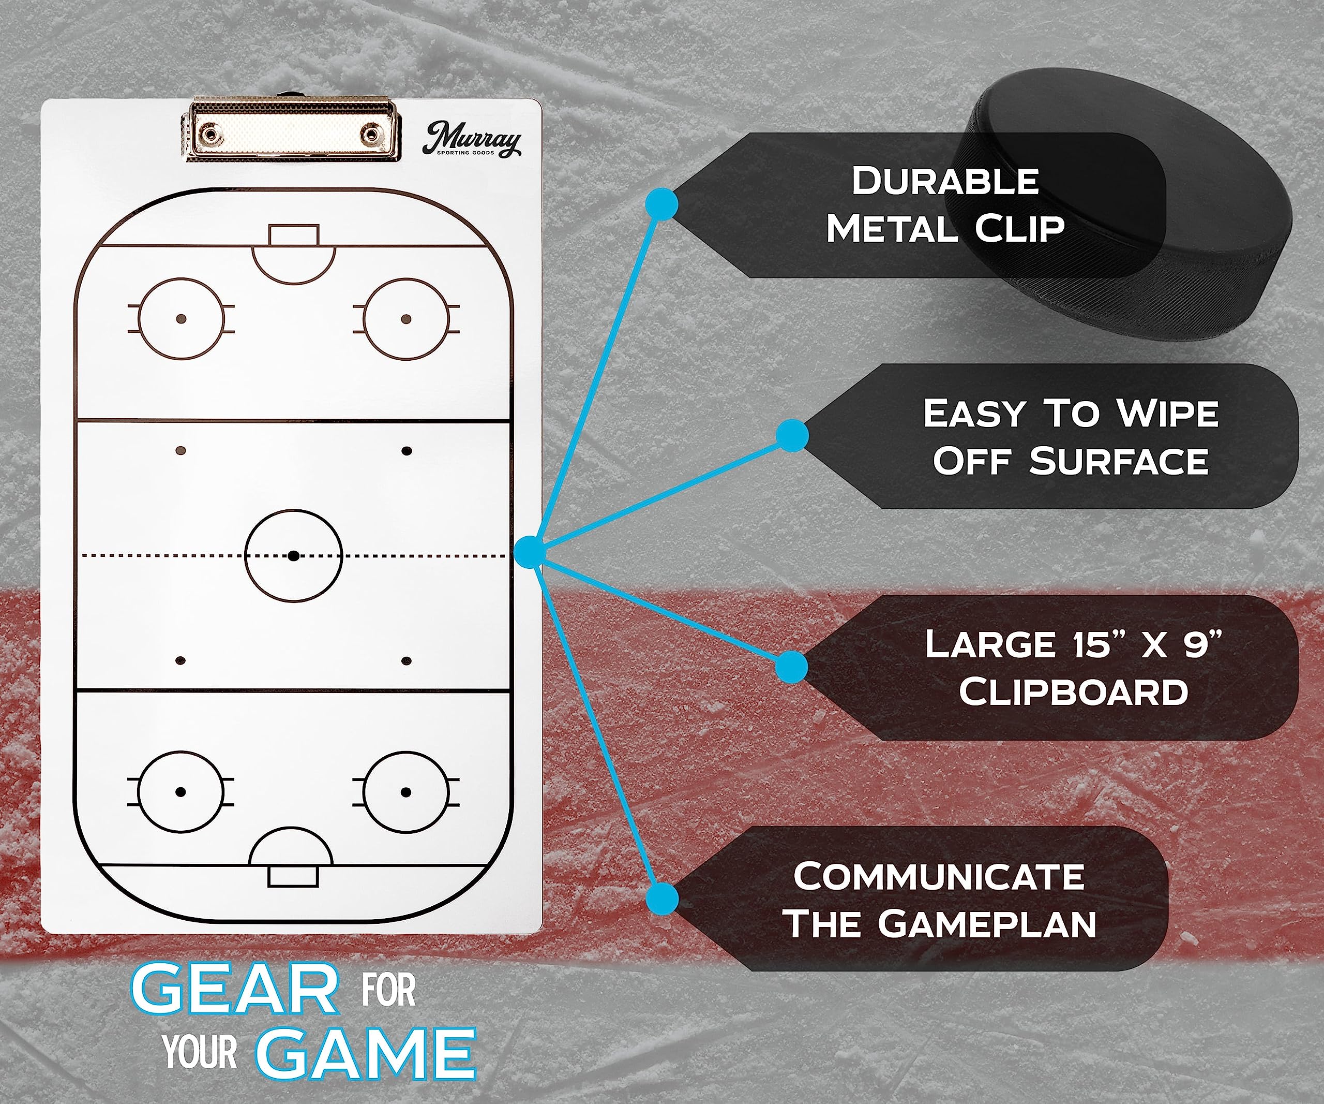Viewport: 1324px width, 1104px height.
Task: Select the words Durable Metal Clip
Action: tap(944, 205)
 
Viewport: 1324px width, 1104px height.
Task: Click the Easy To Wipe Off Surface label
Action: tap(1071, 436)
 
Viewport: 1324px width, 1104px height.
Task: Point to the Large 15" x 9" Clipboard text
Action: tap(1073, 668)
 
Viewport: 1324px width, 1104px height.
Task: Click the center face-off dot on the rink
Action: tap(293, 556)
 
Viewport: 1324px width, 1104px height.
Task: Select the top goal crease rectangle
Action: tap(294, 235)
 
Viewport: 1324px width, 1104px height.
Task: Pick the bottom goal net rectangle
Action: tap(293, 876)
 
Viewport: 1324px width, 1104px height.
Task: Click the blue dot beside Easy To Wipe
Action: tap(792, 436)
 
